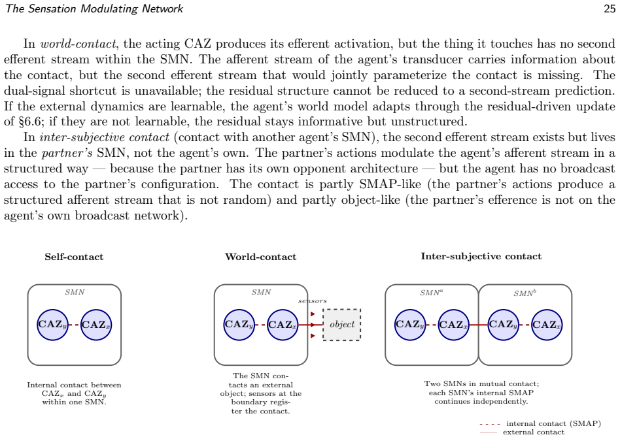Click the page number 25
click(x=610, y=8)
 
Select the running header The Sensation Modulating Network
click(x=94, y=8)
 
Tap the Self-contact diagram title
click(x=74, y=257)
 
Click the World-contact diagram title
click(x=260, y=257)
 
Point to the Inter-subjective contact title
click(x=481, y=257)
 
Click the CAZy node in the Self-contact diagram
click(x=52, y=325)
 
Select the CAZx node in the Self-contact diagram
click(x=96, y=325)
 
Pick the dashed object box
click(x=341, y=325)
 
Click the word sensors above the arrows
click(x=313, y=301)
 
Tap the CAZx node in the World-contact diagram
click(x=283, y=325)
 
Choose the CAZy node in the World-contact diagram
click(x=239, y=325)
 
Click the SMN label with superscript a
click(x=432, y=293)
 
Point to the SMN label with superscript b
click(x=525, y=293)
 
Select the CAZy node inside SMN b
click(x=504, y=325)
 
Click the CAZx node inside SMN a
click(x=453, y=325)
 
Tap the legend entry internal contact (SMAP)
click(x=540, y=423)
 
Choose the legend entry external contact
click(x=522, y=432)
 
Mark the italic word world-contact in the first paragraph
click(x=78, y=44)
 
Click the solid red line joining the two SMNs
click(x=479, y=325)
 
